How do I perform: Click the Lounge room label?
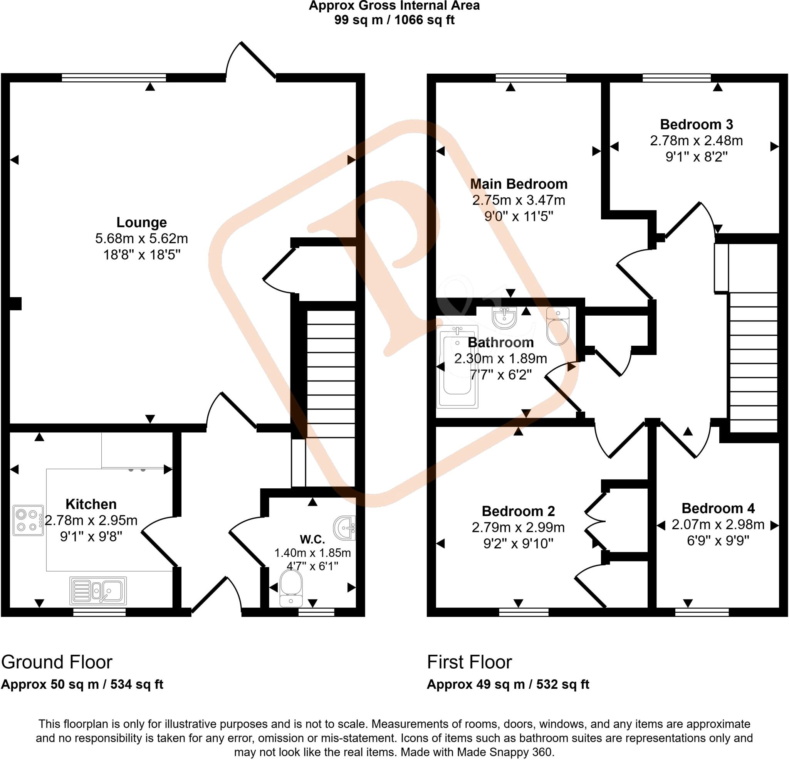point(141,222)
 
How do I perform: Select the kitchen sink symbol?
point(98,591)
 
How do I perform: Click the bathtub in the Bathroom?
point(457,367)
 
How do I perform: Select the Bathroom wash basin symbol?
point(504,317)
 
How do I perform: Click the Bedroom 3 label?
point(697,124)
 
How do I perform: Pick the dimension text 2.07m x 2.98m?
point(718,525)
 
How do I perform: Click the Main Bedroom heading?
point(519,184)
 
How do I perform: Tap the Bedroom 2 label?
point(518,511)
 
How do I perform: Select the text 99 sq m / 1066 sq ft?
point(394,20)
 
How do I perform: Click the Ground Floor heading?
point(57,662)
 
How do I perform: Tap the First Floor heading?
point(469,662)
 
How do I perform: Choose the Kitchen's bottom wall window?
point(99,612)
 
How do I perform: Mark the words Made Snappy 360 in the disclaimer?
point(504,752)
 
